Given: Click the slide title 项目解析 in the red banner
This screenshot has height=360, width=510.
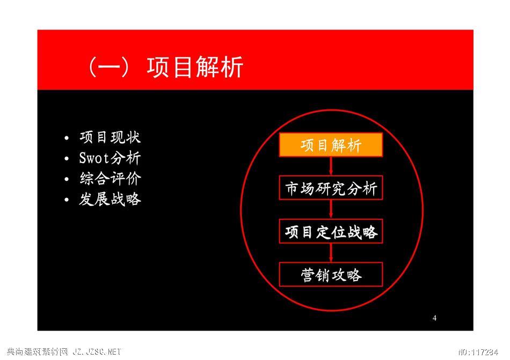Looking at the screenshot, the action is [x=195, y=67].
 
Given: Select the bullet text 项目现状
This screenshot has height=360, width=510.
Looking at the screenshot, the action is [x=110, y=137].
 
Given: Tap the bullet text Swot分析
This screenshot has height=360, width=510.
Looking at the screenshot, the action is [x=110, y=158].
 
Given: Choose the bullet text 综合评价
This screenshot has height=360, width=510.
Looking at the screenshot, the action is [x=110, y=178].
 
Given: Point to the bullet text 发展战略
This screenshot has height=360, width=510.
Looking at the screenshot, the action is [x=110, y=199].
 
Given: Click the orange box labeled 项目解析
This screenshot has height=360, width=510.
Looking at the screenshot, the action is [x=331, y=145].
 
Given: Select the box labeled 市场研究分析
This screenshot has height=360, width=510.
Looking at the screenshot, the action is [x=331, y=188].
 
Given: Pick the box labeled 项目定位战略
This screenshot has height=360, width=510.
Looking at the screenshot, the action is [x=331, y=231].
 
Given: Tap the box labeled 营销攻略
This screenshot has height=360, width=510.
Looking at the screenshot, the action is [x=331, y=275].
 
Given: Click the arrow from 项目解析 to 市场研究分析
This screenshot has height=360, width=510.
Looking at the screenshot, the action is [x=331, y=166].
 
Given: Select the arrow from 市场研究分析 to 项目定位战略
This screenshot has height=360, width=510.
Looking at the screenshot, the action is [x=331, y=210].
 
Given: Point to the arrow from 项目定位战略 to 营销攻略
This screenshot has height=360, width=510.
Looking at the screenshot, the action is [x=331, y=253].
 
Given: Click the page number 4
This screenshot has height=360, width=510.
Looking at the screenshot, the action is [x=434, y=318].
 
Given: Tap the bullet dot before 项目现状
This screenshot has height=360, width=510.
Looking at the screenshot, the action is [x=67, y=138].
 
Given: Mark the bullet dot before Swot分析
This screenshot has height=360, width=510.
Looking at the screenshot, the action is [x=67, y=159].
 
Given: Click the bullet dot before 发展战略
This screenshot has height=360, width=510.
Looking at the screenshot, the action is [x=67, y=200].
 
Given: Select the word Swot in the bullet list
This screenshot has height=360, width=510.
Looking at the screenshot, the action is [x=94, y=158].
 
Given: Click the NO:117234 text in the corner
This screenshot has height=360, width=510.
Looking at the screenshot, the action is [x=478, y=352].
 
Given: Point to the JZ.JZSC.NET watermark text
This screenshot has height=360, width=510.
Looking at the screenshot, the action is [x=97, y=351].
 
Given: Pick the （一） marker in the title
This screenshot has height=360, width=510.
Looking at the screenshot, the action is [x=109, y=67].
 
